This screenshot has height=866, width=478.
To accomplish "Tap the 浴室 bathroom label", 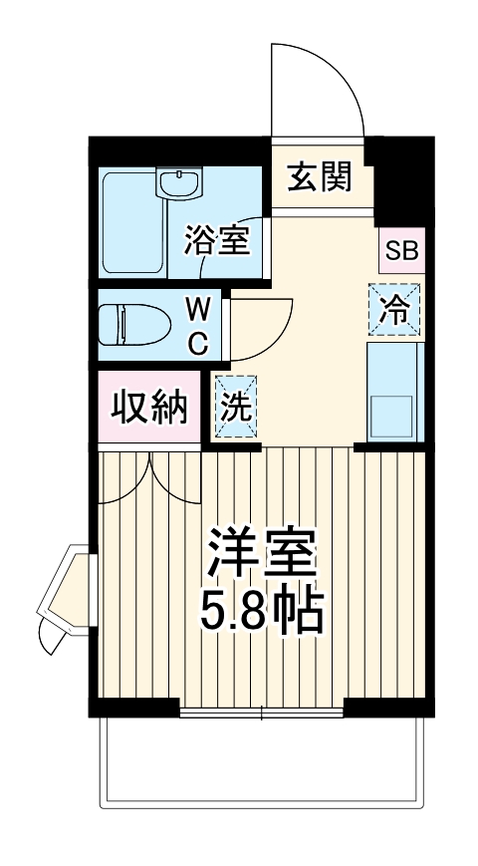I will [x=216, y=240].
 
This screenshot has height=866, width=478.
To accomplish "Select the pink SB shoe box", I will [x=402, y=250].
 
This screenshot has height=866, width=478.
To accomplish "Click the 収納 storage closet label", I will [x=149, y=409].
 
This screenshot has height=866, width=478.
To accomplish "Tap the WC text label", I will [x=198, y=325].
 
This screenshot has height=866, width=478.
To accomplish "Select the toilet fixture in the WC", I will [x=136, y=325].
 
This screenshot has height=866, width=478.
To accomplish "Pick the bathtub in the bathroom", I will [x=132, y=223].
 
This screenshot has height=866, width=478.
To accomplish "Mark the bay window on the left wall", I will [x=65, y=598].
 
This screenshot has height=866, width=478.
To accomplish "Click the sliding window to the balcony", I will [x=263, y=712].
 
